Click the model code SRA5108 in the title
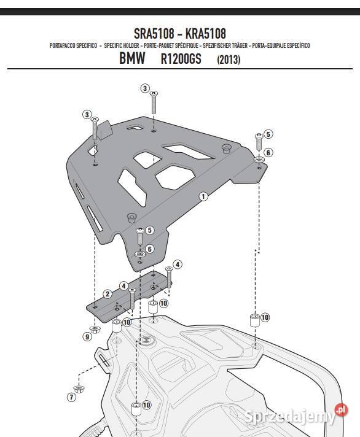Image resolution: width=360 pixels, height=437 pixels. pyautogui.click(x=154, y=32)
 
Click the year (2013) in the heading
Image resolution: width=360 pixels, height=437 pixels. pyautogui.click(x=229, y=60)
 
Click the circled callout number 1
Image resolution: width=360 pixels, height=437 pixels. pyautogui.click(x=203, y=196)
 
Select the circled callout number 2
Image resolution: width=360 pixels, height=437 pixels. pyautogui.click(x=108, y=294)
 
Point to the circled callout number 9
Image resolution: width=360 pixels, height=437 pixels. pyautogui.click(x=87, y=336)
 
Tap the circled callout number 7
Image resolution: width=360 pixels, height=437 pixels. pyautogui.click(x=72, y=396)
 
